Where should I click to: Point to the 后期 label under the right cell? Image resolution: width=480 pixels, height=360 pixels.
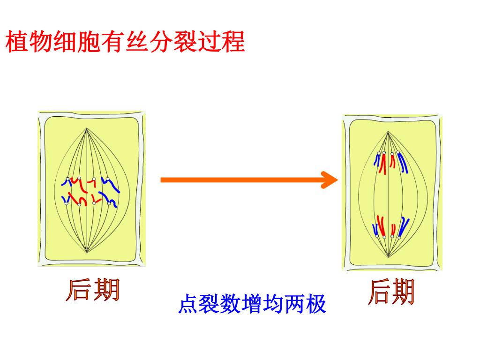(x=391, y=292)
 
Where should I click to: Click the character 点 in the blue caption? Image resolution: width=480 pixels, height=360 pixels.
(x=187, y=305)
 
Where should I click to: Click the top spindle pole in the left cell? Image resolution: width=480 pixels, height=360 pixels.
(x=87, y=129)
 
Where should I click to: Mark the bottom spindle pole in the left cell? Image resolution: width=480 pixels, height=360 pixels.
(x=87, y=252)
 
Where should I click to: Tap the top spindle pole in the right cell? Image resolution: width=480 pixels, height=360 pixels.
(x=388, y=132)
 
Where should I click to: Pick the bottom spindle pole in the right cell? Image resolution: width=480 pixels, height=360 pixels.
(x=388, y=256)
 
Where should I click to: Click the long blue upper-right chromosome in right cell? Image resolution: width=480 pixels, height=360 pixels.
(x=403, y=162)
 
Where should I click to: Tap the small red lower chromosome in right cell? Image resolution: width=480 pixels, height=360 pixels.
(x=393, y=229)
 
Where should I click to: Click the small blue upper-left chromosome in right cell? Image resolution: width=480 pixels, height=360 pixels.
(x=376, y=159)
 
